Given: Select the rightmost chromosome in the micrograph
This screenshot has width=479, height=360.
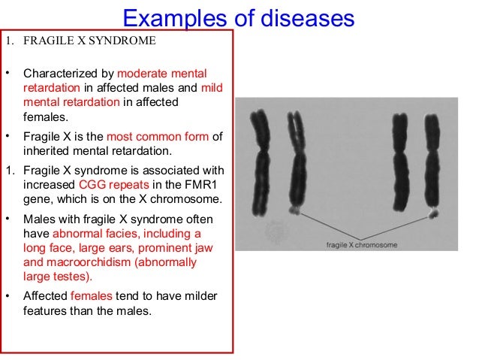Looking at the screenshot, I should (432, 162).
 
